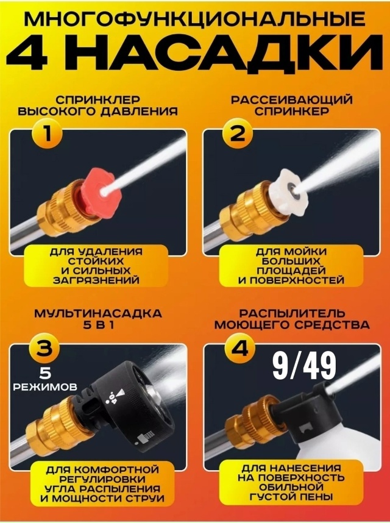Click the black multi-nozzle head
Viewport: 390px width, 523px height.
click(x=131, y=405)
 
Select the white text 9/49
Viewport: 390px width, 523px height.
click(x=304, y=367)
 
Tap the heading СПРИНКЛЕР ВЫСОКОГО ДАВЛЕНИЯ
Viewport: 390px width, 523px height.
click(x=97, y=105)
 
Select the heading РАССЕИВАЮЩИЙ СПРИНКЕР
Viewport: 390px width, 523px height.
click(x=292, y=105)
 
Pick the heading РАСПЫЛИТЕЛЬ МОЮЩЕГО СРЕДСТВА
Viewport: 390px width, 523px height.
click(x=292, y=319)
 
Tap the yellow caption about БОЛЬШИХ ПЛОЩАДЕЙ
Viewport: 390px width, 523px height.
click(x=291, y=266)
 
